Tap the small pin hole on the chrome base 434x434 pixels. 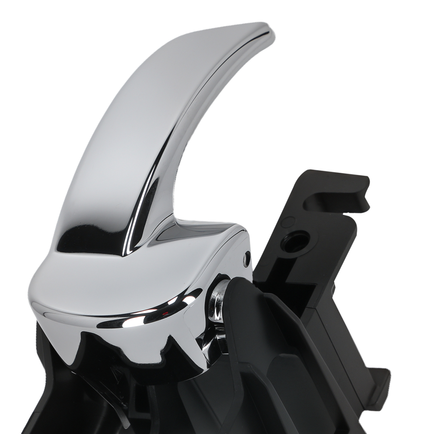pyautogui.click(x=247, y=259)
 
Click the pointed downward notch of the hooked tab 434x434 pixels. pyautogui.click(x=365, y=202)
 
